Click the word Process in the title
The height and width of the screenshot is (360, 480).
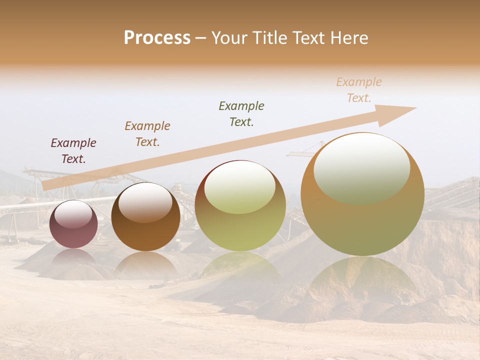157,38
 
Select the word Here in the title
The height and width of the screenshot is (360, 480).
348,38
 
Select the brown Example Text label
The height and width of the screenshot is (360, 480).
147,134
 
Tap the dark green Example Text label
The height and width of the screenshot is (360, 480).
241,113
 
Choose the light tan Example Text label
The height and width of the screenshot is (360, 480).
359,90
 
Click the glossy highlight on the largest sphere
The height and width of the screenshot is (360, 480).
362,167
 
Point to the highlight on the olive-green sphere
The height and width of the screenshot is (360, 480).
240,187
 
